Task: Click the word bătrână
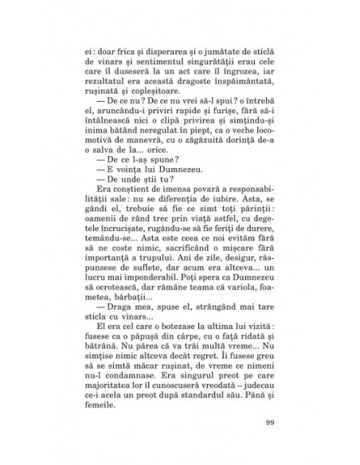coord(105,404)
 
